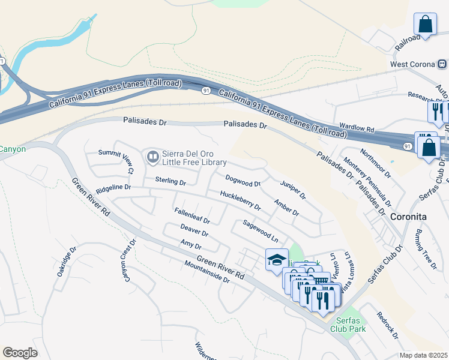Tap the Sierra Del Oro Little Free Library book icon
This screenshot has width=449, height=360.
152,157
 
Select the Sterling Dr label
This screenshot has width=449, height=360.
170,181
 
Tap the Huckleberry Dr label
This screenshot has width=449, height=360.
240,201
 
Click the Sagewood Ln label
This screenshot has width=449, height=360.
261,230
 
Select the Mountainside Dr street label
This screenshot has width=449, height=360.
207,272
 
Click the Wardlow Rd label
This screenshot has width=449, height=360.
357,128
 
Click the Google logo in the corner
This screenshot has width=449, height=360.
20,353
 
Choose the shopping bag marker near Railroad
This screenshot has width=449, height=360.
425,25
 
